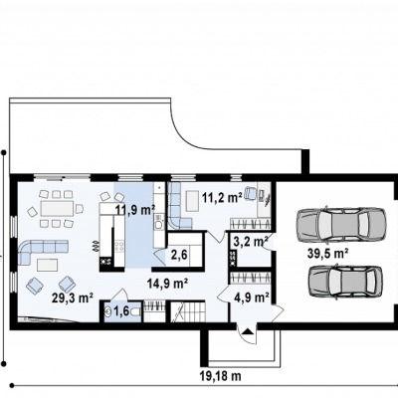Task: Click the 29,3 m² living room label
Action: [x=72, y=298]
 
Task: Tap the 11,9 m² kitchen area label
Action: [x=135, y=210]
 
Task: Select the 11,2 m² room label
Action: [x=222, y=198]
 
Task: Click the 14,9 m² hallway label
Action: [x=168, y=284]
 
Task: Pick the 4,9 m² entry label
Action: [x=252, y=298]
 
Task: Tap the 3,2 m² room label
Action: [x=251, y=241]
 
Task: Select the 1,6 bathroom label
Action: [x=121, y=311]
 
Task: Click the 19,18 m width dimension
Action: [x=221, y=376]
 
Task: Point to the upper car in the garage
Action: [x=341, y=225]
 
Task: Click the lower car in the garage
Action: [x=345, y=281]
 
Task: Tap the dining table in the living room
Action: [x=57, y=209]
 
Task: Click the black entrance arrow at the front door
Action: [x=248, y=331]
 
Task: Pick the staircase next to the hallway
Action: [x=188, y=311]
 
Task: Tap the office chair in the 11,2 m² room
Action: [x=250, y=193]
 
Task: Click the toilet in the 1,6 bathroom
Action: [x=136, y=311]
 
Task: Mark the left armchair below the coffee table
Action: [x=35, y=286]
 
